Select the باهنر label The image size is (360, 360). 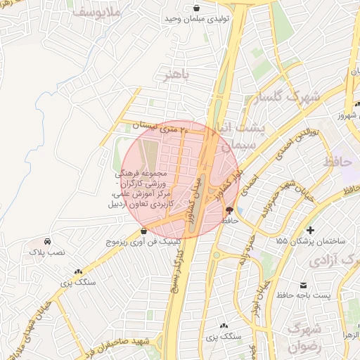pos(175,74)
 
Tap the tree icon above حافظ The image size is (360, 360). pos(230,210)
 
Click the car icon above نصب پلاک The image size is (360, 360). pos(46,240)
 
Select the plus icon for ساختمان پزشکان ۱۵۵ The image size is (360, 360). pos(310,230)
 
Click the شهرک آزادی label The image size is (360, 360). pos(333,260)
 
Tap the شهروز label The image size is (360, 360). pos(347,115)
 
